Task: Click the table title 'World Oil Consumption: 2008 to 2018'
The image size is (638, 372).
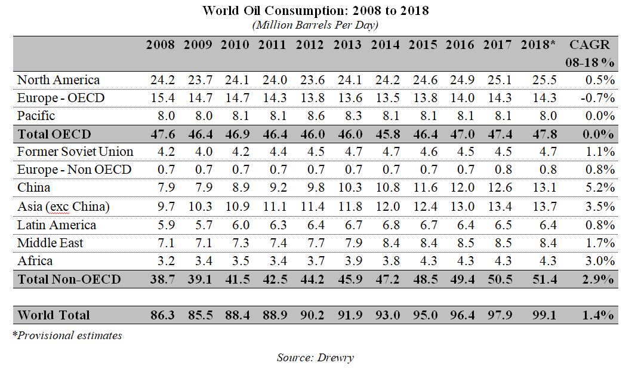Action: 315,10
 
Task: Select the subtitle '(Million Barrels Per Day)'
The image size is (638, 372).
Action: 315,24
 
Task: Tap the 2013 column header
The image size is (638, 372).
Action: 347,45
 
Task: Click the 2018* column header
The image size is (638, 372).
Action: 538,45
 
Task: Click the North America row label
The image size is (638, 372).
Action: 58,80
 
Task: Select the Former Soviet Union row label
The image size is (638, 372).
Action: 75,152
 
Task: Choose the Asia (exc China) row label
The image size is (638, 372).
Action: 63,207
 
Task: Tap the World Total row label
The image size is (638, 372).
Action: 54,315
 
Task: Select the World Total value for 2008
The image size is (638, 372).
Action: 161,315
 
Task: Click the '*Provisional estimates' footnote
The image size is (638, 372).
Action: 67,336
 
